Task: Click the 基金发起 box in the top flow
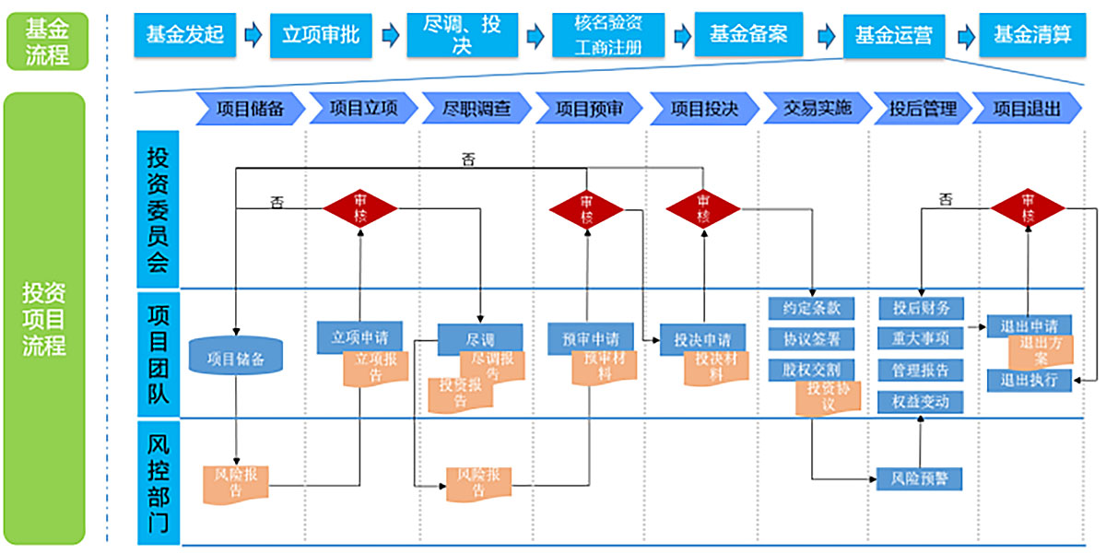[185, 35]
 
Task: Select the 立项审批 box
[321, 35]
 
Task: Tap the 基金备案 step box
[748, 35]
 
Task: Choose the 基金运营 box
[894, 35]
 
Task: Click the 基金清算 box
[1032, 35]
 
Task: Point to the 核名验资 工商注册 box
[609, 36]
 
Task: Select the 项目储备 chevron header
[248, 109]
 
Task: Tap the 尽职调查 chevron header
[476, 109]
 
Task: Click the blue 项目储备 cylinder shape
[235, 358]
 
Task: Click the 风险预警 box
[919, 479]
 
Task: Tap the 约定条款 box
[811, 308]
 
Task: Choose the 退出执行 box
[1029, 380]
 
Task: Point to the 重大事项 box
[920, 338]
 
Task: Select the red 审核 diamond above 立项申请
[359, 208]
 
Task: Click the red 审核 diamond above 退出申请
[1028, 208]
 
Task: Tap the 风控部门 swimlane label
[159, 482]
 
